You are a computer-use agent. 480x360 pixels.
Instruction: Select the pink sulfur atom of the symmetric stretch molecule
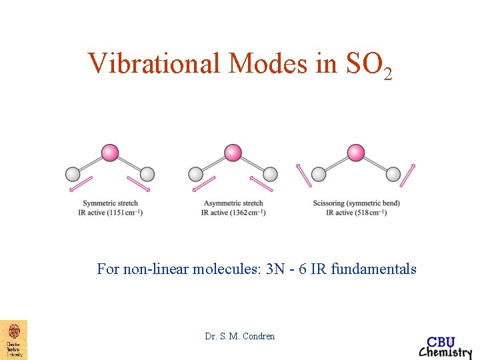(110, 153)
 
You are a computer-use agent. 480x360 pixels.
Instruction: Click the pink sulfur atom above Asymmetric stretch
(232, 153)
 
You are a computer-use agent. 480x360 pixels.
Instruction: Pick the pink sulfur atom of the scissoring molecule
(356, 153)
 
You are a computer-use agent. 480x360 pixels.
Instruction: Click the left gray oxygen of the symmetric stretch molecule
(73, 175)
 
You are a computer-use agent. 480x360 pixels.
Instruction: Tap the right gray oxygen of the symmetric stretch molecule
(147, 175)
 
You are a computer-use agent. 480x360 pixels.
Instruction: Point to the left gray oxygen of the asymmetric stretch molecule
(195, 175)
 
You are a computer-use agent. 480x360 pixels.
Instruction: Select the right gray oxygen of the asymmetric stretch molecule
(269, 175)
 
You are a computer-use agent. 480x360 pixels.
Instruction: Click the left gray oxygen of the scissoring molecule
(319, 175)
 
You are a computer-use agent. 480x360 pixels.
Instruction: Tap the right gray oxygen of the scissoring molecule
(393, 175)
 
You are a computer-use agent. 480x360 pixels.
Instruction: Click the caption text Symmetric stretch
(111, 203)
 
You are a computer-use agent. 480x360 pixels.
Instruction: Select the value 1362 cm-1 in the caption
(249, 213)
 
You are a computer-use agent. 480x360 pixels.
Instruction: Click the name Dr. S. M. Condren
(240, 336)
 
